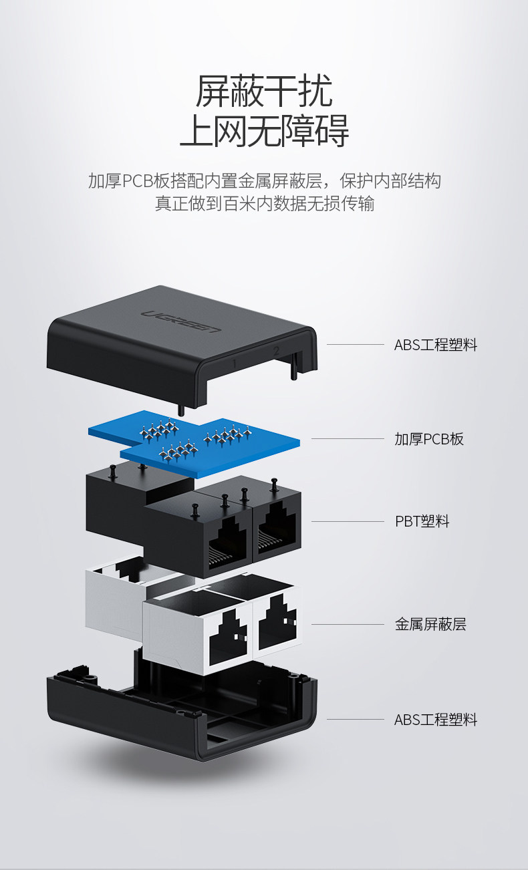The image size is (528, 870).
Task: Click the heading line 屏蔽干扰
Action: [x=263, y=92]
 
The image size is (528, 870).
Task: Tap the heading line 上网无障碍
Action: [x=263, y=132]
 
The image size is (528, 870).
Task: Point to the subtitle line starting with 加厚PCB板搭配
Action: [x=264, y=181]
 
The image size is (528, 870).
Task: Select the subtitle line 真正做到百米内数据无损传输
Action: [x=264, y=204]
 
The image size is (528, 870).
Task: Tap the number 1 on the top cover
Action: [x=234, y=363]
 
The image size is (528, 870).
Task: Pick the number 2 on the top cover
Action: [x=275, y=349]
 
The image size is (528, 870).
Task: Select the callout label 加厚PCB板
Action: [x=428, y=439]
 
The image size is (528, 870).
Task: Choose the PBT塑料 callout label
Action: [x=422, y=521]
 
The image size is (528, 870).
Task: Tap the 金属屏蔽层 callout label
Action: [x=430, y=625]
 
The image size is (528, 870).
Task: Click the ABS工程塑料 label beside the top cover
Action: [x=435, y=345]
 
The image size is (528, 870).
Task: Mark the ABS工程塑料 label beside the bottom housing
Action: [x=435, y=720]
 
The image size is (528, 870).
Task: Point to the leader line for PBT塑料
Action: [x=348, y=521]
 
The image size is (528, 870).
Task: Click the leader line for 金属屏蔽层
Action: [x=348, y=625]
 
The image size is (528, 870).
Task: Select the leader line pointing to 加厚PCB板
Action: [x=348, y=439]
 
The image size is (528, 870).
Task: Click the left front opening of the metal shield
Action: [x=228, y=637]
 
